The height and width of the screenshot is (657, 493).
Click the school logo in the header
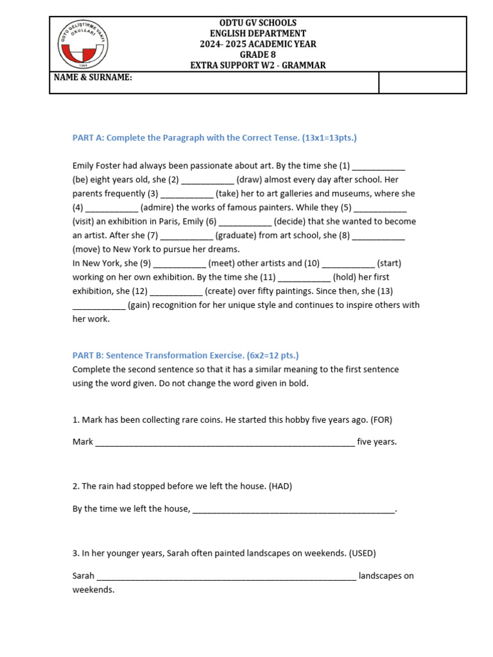84,44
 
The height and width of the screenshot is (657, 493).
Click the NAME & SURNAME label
93,78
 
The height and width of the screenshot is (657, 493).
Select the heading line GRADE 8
257,55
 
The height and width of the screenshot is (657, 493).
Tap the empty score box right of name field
422,82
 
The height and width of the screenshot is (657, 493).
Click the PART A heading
214,138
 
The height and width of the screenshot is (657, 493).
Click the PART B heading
186,355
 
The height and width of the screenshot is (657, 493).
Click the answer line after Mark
225,442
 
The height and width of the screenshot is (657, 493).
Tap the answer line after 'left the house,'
293,509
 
